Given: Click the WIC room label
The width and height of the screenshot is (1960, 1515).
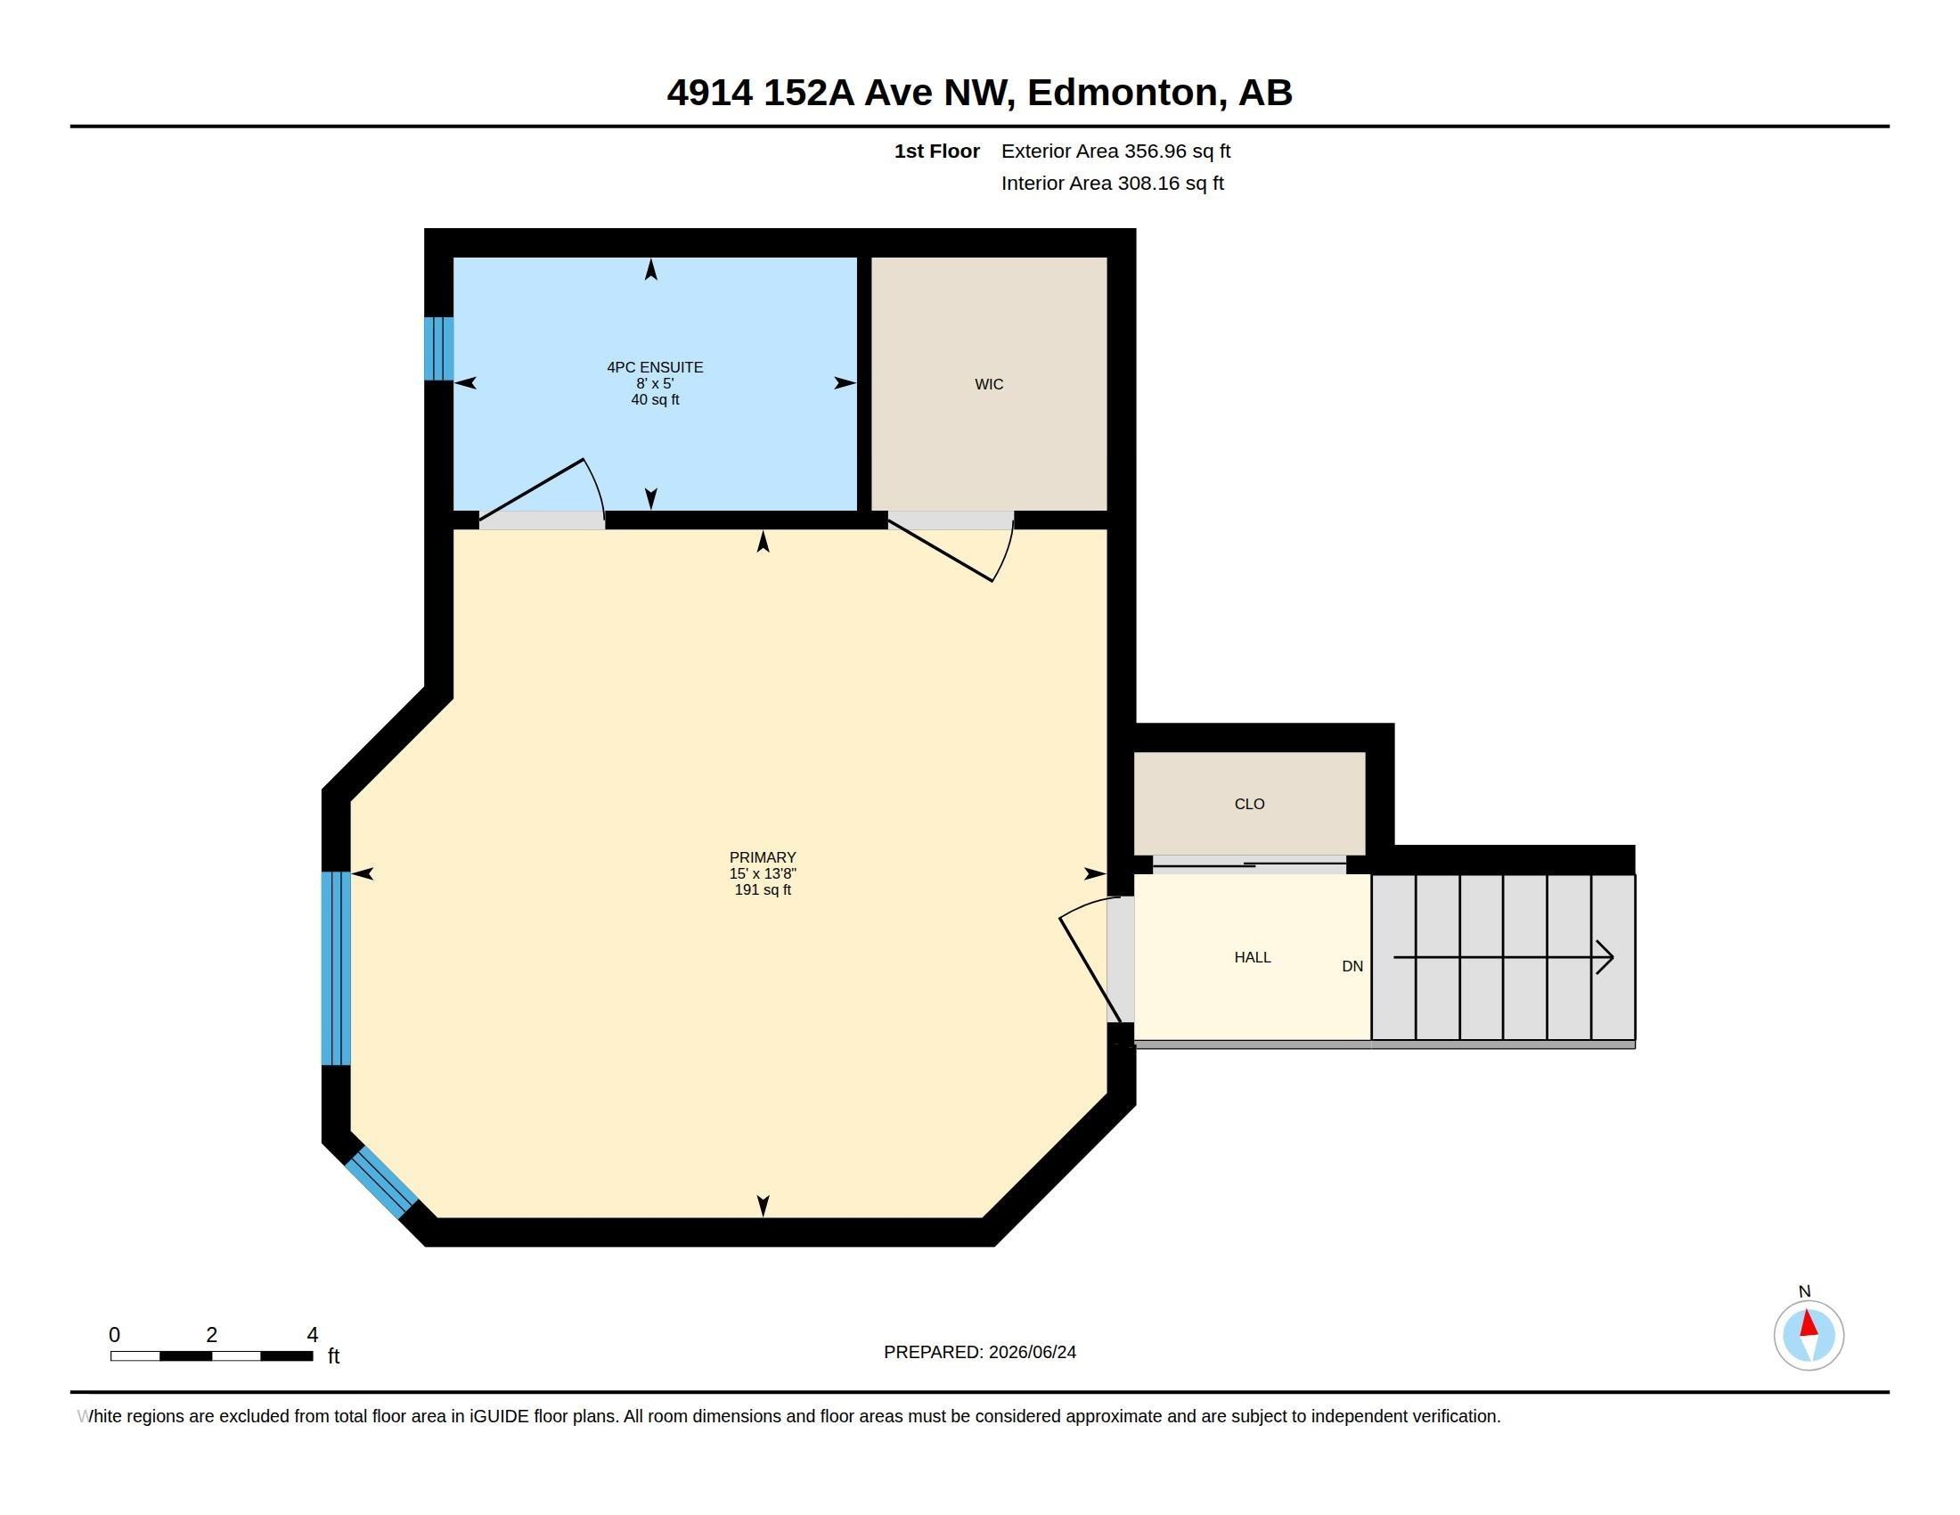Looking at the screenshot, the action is [989, 384].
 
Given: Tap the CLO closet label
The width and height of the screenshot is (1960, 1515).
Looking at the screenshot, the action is [1249, 804].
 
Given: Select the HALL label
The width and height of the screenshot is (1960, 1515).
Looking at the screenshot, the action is [1252, 958].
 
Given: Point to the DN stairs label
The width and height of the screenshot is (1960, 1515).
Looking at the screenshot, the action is [1352, 967].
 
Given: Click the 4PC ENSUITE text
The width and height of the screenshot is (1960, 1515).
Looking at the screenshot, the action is [655, 367].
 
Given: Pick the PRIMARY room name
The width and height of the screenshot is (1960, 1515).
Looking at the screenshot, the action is [763, 857].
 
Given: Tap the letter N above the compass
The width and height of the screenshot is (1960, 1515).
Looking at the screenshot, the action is [1805, 1291].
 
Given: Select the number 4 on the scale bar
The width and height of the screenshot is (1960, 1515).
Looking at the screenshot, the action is [313, 1335].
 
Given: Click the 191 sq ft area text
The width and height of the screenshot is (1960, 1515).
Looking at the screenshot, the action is [763, 889].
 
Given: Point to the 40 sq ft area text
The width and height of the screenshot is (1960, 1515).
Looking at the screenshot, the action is [655, 399].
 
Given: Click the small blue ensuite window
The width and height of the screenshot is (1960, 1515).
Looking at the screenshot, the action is [439, 348].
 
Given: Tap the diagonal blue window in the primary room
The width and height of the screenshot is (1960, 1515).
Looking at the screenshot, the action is [381, 1182].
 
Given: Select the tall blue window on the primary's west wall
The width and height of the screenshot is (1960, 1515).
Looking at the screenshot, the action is [336, 969].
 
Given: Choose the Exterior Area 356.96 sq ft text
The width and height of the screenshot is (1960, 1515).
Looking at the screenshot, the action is [1115, 151].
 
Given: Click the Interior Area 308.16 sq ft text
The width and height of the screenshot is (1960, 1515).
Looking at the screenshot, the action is [1112, 183].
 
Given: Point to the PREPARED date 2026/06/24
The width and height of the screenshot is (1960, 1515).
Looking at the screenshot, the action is [1032, 1352].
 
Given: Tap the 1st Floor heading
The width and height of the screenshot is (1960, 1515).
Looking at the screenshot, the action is [937, 151].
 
